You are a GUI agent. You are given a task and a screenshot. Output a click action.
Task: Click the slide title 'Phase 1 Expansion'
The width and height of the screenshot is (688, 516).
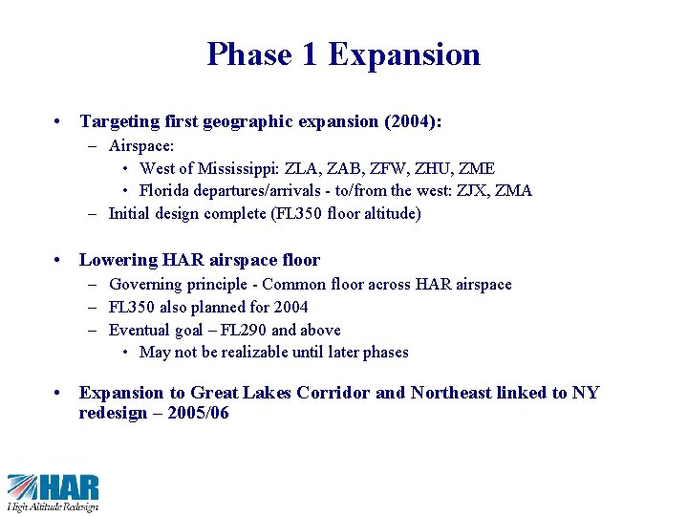[x=343, y=54]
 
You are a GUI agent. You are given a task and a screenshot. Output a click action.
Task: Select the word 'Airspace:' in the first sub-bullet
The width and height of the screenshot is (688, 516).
[x=141, y=146]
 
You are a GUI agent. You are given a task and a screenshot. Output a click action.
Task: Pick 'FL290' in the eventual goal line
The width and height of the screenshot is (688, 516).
[x=246, y=330]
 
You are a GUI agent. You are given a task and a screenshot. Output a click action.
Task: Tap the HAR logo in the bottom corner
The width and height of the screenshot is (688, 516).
[x=53, y=485]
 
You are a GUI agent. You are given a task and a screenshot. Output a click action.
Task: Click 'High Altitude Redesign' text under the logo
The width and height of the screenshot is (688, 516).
[x=53, y=506]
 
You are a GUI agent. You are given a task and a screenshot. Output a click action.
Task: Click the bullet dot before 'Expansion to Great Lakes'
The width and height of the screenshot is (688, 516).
[x=60, y=393]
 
